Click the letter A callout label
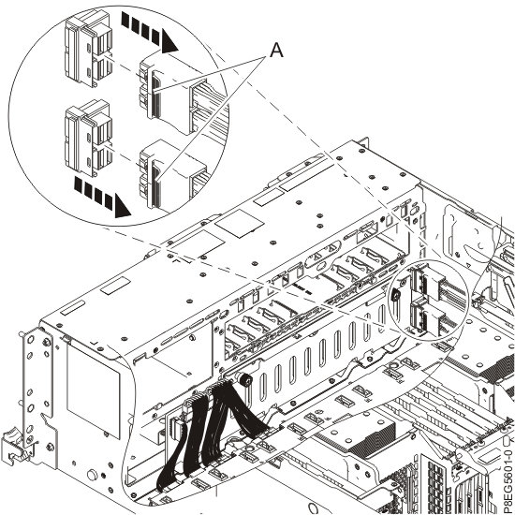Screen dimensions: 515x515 click(x=276, y=52)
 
